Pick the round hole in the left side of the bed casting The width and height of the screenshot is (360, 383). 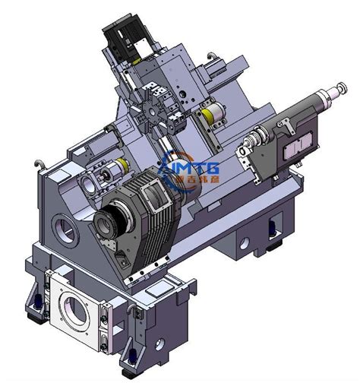point(61,226)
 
